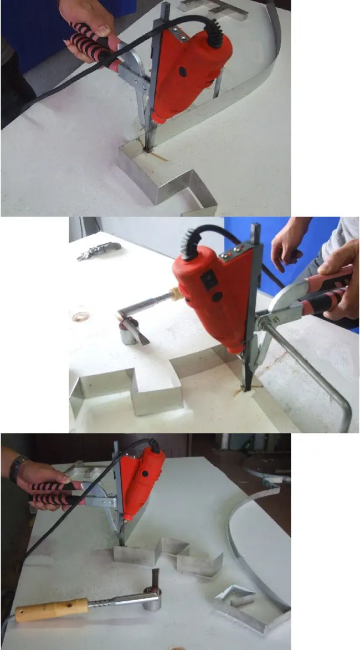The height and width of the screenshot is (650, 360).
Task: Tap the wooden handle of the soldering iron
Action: (50, 610)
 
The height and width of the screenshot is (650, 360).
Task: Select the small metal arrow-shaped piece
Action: (235, 598)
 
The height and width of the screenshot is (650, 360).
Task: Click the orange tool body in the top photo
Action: (189, 72)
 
